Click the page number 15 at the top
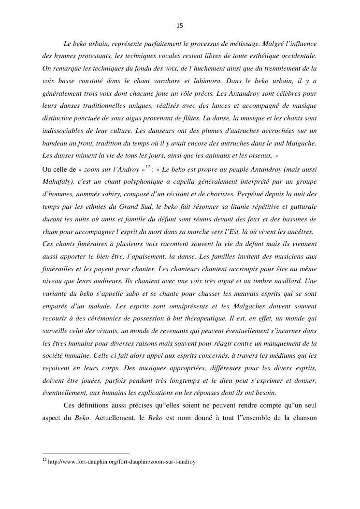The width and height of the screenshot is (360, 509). point(180,26)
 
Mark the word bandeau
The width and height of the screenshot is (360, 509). point(55,144)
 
